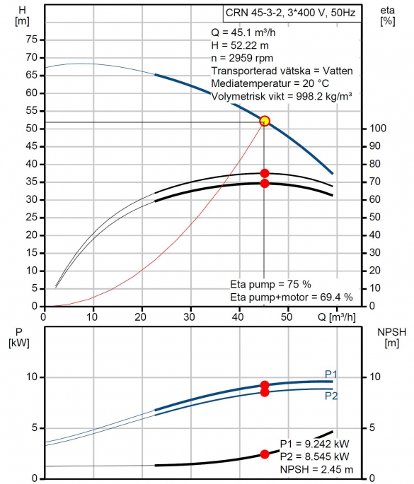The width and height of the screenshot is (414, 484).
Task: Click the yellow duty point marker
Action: [x=265, y=121]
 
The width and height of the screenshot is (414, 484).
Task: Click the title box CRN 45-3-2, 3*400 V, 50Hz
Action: [x=292, y=13]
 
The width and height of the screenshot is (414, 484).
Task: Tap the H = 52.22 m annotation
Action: [x=240, y=45]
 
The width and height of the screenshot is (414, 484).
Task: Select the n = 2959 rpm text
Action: [x=242, y=58]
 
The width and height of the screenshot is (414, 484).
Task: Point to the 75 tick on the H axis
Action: [x=32, y=40]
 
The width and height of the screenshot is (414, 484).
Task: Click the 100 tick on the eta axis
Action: [x=378, y=128]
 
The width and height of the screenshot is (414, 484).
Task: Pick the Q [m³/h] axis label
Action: [x=336, y=317]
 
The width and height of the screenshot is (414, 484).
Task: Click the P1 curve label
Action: [x=330, y=374]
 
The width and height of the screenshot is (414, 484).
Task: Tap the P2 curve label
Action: [x=330, y=396]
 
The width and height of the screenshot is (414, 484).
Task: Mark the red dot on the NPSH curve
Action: [x=265, y=454]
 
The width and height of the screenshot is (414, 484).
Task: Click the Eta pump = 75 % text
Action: [x=270, y=284]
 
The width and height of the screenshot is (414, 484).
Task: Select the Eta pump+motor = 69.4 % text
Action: [x=292, y=297]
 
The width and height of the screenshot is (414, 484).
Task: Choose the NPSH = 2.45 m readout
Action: [x=316, y=469]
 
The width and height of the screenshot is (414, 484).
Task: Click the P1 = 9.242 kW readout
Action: [x=315, y=444]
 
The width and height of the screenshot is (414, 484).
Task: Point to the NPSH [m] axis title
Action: [x=392, y=337]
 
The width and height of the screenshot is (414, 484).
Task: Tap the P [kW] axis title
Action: [x=19, y=337]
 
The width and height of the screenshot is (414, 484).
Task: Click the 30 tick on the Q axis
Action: [x=189, y=317]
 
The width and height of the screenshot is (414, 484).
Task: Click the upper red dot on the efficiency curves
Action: [x=265, y=173]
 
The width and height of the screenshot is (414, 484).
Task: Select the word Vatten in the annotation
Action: [x=338, y=71]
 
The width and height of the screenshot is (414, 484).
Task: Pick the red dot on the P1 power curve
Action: [x=265, y=385]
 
